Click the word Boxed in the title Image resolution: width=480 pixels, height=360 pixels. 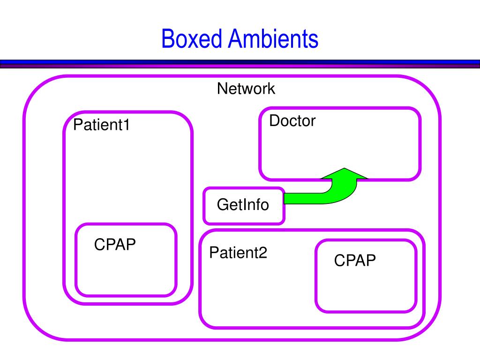pyautogui.click(x=192, y=38)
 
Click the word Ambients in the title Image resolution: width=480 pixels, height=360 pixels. pyautogui.click(x=273, y=38)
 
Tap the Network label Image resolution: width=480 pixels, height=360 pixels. pyautogui.click(x=246, y=89)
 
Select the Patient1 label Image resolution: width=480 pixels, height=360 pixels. pyautogui.click(x=101, y=125)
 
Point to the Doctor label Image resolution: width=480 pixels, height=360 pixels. pyautogui.click(x=292, y=120)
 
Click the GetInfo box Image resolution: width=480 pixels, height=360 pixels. pyautogui.click(x=244, y=206)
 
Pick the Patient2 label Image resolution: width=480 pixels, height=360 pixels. pyautogui.click(x=238, y=253)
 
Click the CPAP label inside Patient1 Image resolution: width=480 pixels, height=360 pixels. pyautogui.click(x=115, y=244)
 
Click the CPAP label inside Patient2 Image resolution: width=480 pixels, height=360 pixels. pyautogui.click(x=355, y=260)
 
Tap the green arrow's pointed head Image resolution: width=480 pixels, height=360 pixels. pyautogui.click(x=345, y=168)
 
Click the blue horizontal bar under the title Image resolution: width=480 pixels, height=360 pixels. pyautogui.click(x=240, y=62)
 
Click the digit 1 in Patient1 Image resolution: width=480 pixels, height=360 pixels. pyautogui.click(x=127, y=125)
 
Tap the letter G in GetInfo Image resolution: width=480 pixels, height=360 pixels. pyautogui.click(x=223, y=204)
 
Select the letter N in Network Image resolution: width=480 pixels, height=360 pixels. pyautogui.click(x=222, y=89)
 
